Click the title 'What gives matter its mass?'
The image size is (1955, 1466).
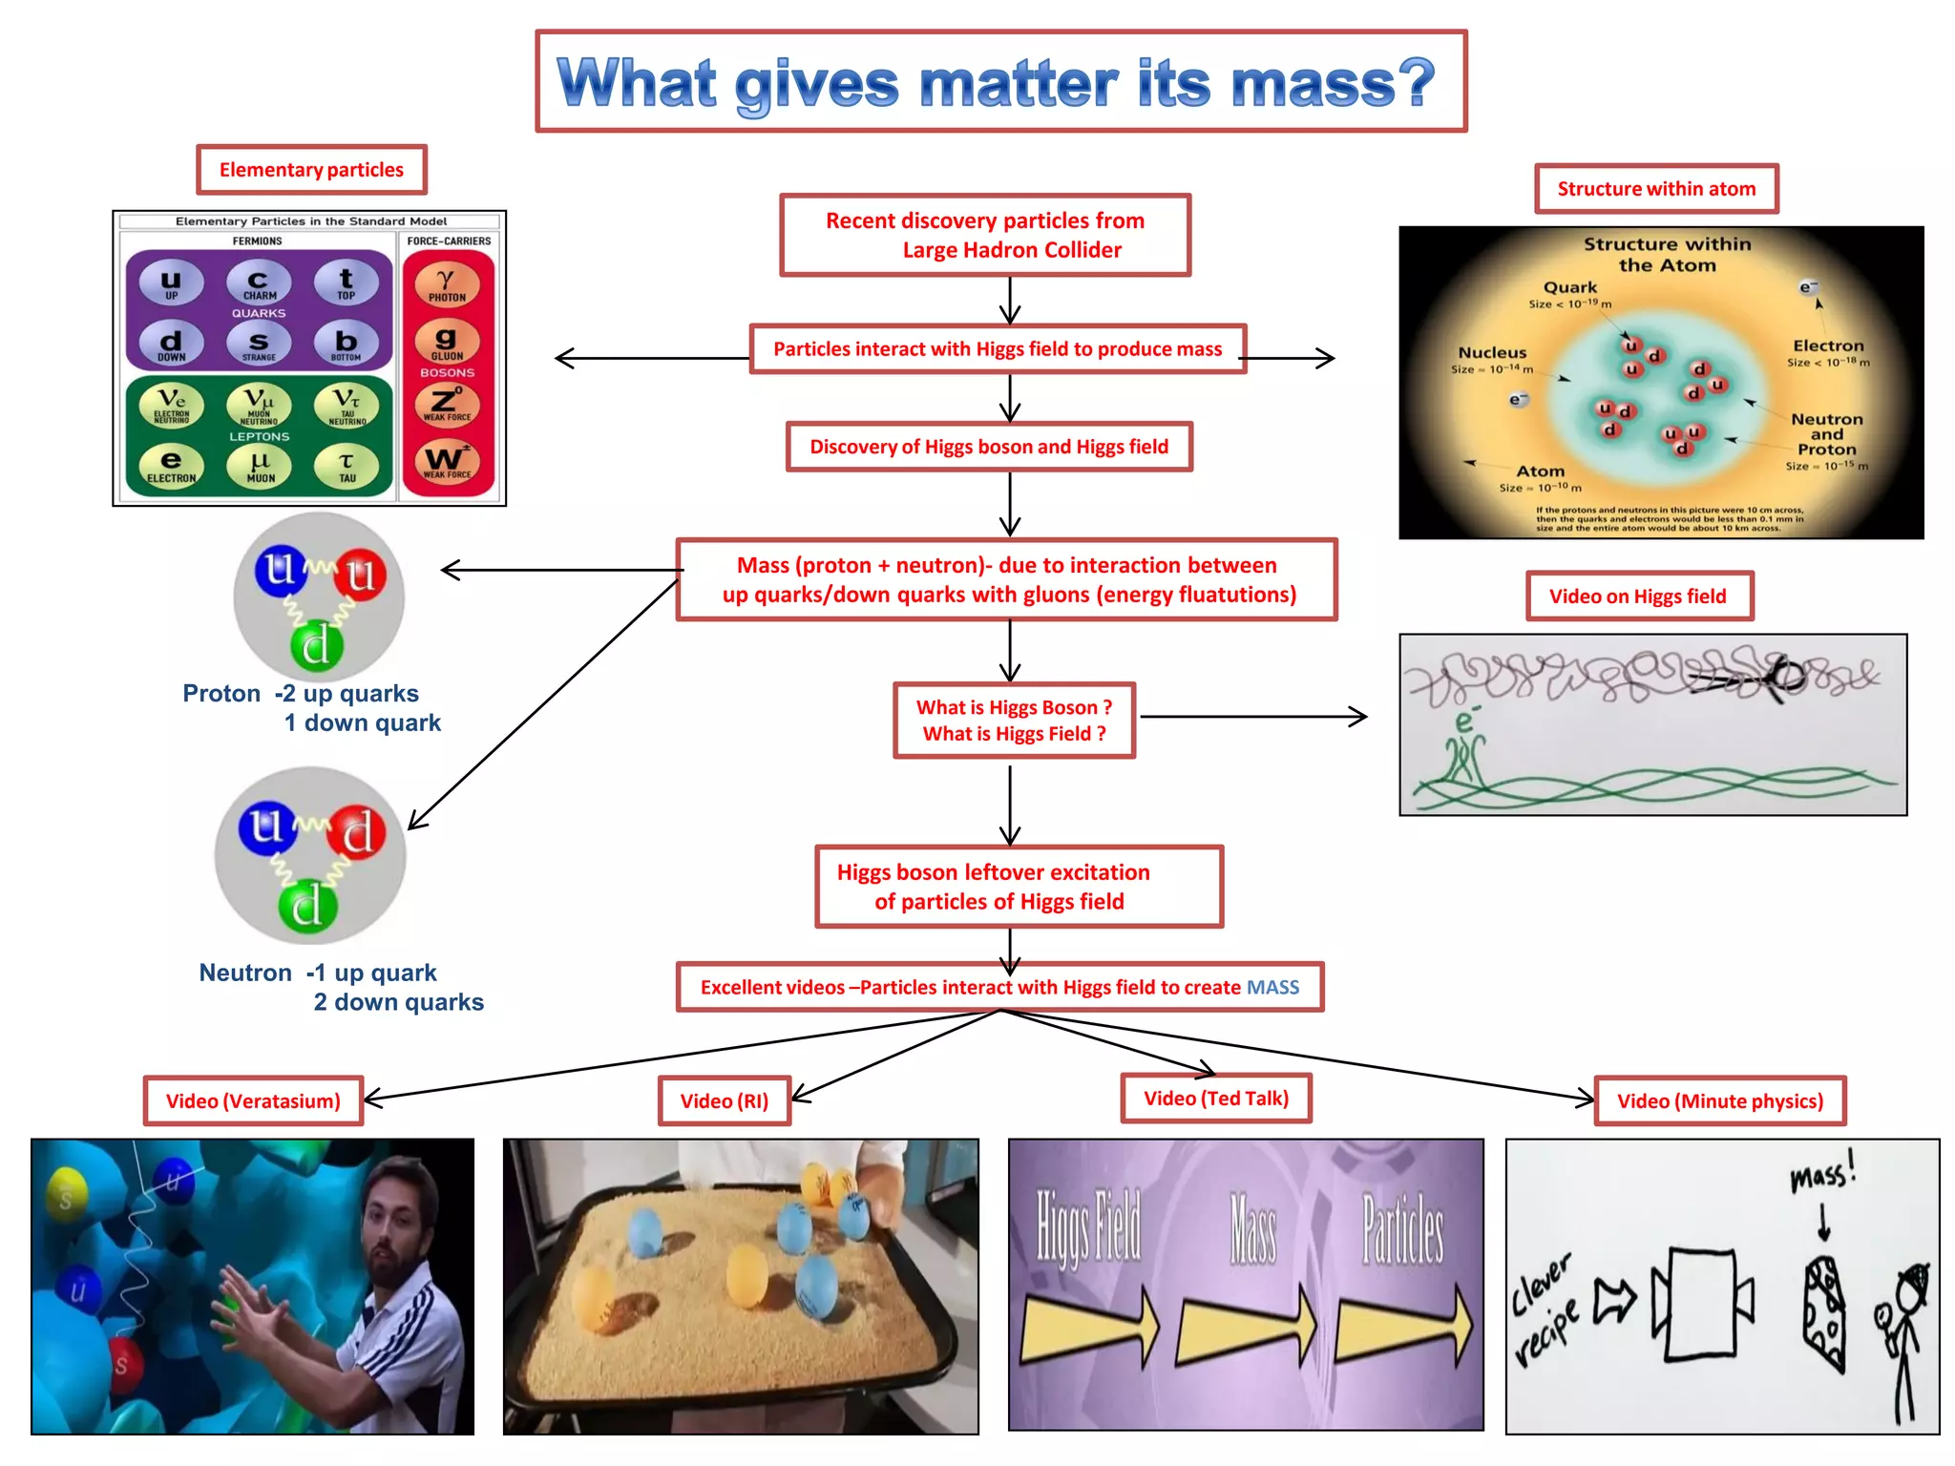point(999,82)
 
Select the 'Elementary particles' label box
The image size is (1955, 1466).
point(311,170)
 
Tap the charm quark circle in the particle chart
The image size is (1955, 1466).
point(259,283)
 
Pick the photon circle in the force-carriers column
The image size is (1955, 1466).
point(447,283)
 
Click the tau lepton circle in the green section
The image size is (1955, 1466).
point(347,466)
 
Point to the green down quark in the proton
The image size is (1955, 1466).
point(316,645)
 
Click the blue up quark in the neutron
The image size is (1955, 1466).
point(266,827)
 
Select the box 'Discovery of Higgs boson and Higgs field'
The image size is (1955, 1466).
point(989,447)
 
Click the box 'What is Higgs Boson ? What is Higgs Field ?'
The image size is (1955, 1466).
point(1014,721)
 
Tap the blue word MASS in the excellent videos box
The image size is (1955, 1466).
point(1272,987)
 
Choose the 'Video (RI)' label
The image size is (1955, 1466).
point(724,1101)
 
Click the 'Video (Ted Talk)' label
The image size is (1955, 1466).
point(1215,1099)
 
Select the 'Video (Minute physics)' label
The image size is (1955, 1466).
point(1719,1101)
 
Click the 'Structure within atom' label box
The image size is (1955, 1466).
point(1656,189)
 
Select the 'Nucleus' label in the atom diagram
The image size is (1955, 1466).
point(1492,353)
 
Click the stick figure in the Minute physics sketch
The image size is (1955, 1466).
point(1902,1336)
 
